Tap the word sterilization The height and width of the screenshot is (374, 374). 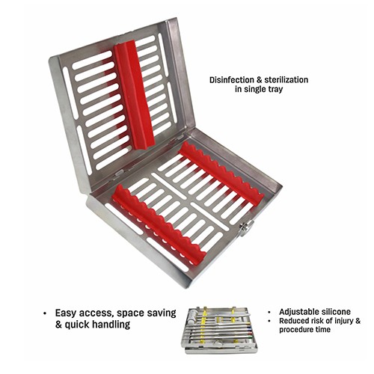coord(286,80)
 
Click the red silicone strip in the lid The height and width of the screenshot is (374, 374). coord(135,95)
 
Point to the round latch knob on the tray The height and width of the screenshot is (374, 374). coord(245,228)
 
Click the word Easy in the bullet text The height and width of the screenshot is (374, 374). coord(66,313)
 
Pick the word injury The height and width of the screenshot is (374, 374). coord(343,321)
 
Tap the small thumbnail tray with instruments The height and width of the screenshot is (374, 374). coord(219,330)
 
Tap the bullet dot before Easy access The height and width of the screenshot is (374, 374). coord(45,313)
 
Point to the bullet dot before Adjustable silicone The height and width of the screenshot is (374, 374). coord(269,312)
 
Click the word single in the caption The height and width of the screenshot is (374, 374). coord(253,89)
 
